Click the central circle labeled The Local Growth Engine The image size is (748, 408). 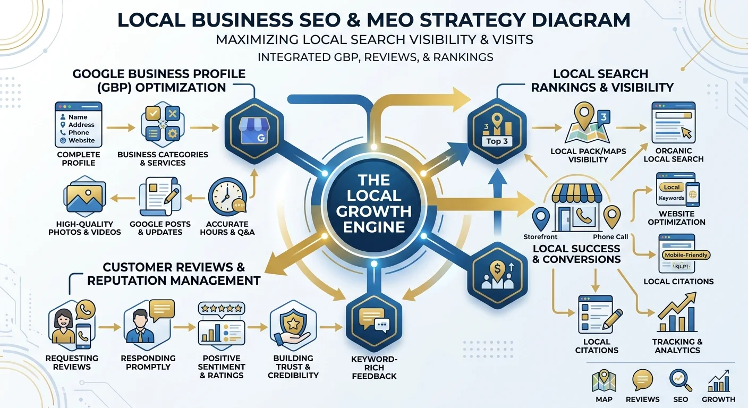coord(374,203)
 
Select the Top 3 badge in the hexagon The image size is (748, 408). coord(497,141)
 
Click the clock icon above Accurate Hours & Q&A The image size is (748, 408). coord(227,197)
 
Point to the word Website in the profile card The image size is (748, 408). coord(81,141)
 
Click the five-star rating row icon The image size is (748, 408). coord(222,309)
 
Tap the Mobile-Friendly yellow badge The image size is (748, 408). coord(686,255)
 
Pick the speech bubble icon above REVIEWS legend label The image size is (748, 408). coord(642,380)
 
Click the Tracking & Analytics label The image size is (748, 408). coord(677,346)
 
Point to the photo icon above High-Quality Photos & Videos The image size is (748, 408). coord(84,197)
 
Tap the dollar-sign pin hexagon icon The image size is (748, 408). coord(497,275)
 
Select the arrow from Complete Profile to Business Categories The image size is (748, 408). coord(120,127)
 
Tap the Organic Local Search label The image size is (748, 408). coord(674,155)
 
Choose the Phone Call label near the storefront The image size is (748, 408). coord(610,237)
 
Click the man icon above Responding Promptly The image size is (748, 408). coord(140,326)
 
